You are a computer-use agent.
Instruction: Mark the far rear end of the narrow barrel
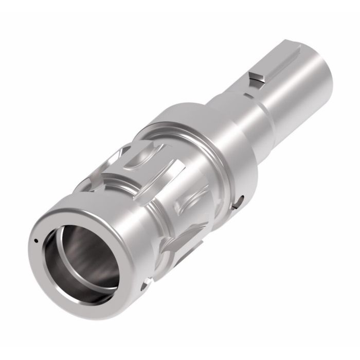pyautogui.click(x=329, y=67)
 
